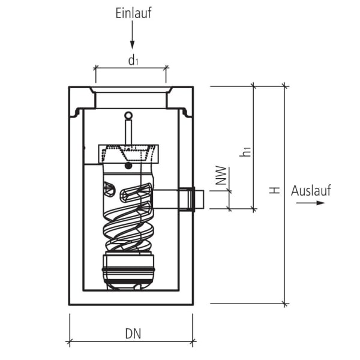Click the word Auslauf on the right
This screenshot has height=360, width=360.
point(311,191)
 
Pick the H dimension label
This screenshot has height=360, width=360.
point(274,190)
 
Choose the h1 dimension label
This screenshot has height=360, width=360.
point(245,151)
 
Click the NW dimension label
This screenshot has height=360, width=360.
point(220,175)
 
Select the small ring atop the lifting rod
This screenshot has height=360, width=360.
point(127,115)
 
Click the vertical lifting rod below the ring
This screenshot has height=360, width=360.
point(127,130)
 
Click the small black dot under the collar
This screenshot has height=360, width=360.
point(127,166)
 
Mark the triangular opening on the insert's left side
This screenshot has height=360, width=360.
point(109,189)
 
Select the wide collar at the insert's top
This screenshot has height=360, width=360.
point(127,153)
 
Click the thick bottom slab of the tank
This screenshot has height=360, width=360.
point(131,298)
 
